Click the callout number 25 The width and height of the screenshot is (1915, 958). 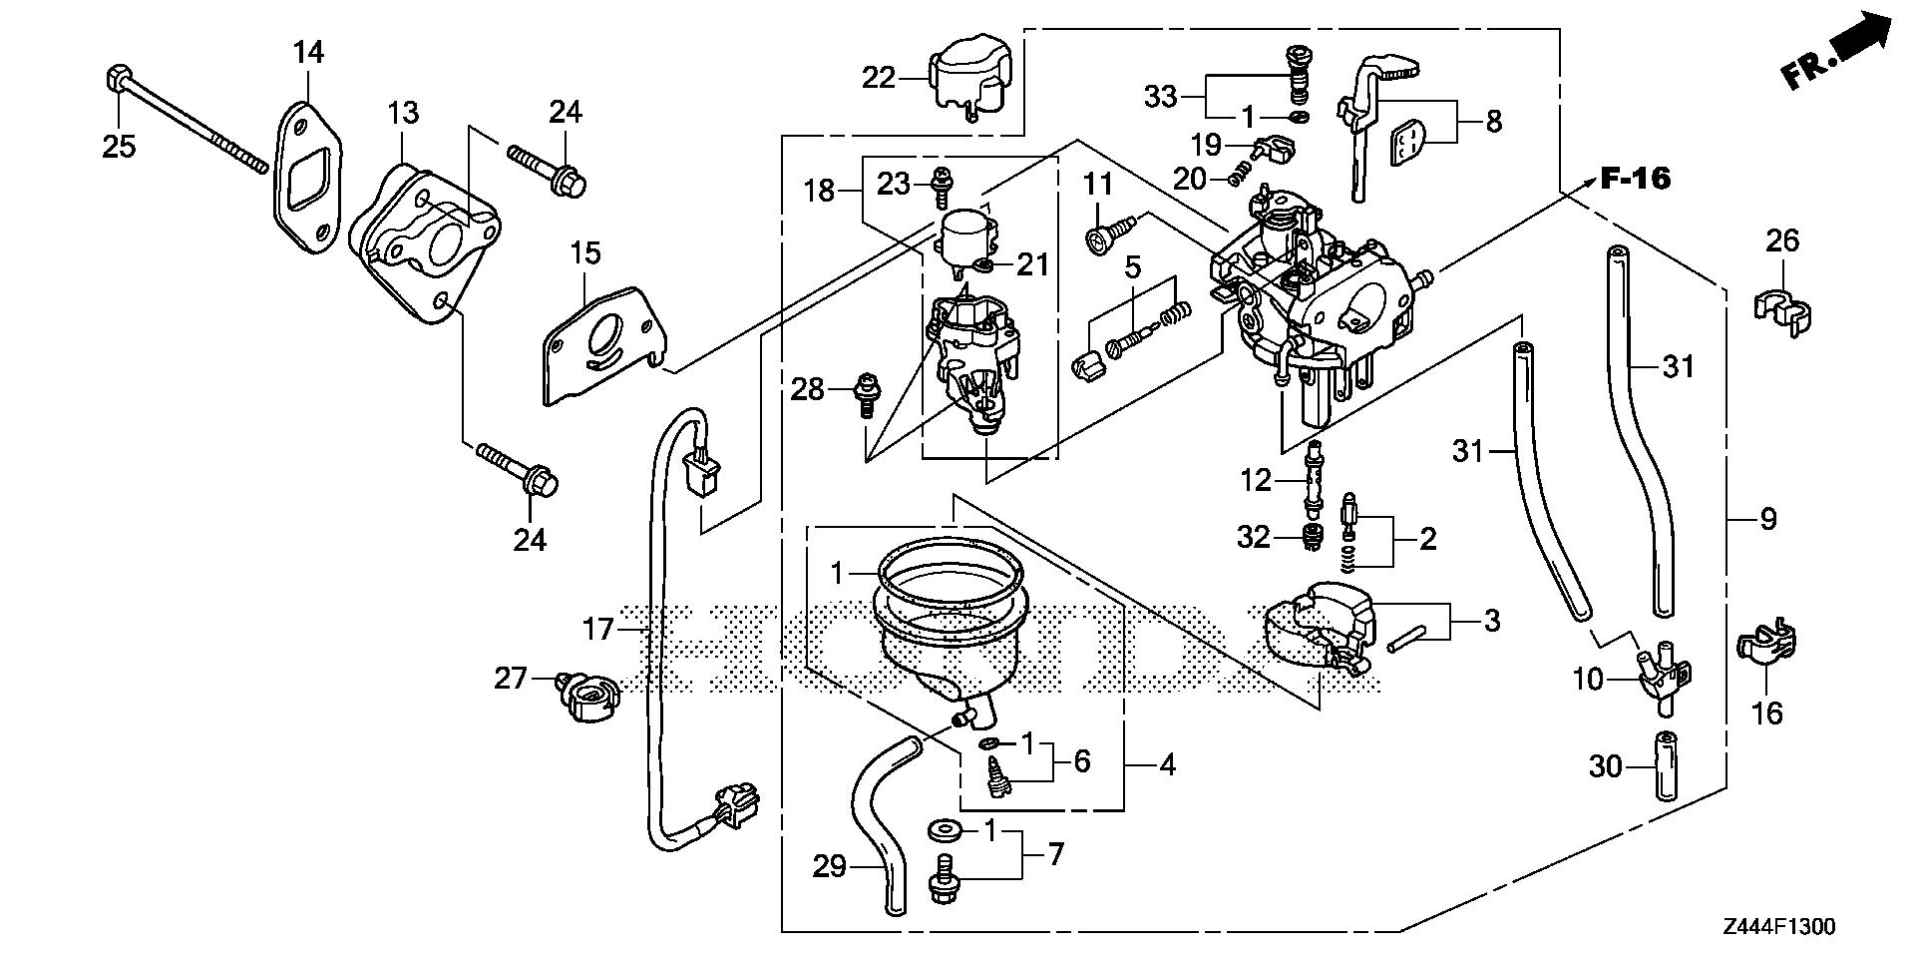point(119,146)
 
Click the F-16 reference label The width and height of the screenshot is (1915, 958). point(1635,180)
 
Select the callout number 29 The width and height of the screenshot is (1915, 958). point(829,866)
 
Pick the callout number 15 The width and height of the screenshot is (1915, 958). point(585,252)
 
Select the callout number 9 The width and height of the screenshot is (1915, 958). point(1767,518)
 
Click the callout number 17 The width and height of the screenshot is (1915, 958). point(598,629)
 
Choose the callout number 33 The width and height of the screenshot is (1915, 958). point(1160,97)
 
